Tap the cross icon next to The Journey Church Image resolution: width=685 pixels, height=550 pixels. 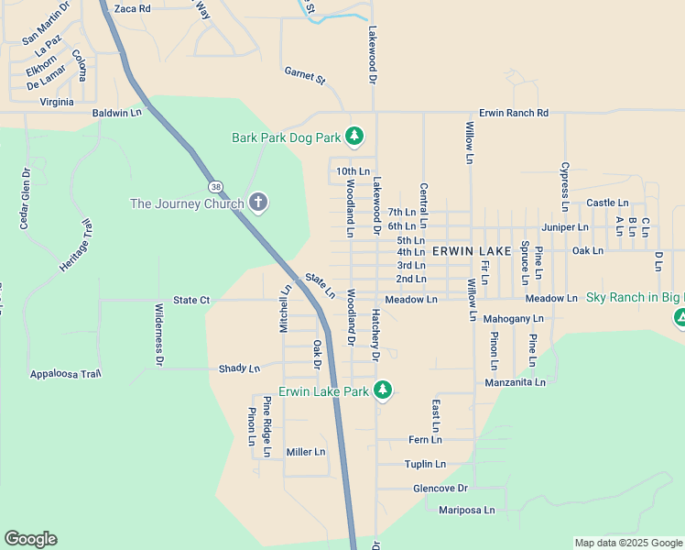pos(258,203)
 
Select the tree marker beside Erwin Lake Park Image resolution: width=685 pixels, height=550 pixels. pos(383,390)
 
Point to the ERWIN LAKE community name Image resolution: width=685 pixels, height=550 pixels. pos(471,250)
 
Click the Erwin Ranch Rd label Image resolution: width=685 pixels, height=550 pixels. pos(514,113)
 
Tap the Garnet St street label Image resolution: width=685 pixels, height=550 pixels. pos(305,75)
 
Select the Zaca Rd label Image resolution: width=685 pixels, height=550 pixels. pos(132,8)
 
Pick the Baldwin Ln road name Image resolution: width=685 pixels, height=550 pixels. pos(117,113)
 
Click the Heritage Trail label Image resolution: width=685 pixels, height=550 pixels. pos(76,246)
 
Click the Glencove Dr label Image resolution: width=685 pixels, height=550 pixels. pos(440,488)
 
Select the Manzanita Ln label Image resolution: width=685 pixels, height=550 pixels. pos(516,382)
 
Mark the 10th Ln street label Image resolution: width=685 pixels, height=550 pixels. pos(353,171)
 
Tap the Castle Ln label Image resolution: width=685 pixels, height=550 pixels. pos(607,203)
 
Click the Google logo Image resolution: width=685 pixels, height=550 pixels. pos(30,539)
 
